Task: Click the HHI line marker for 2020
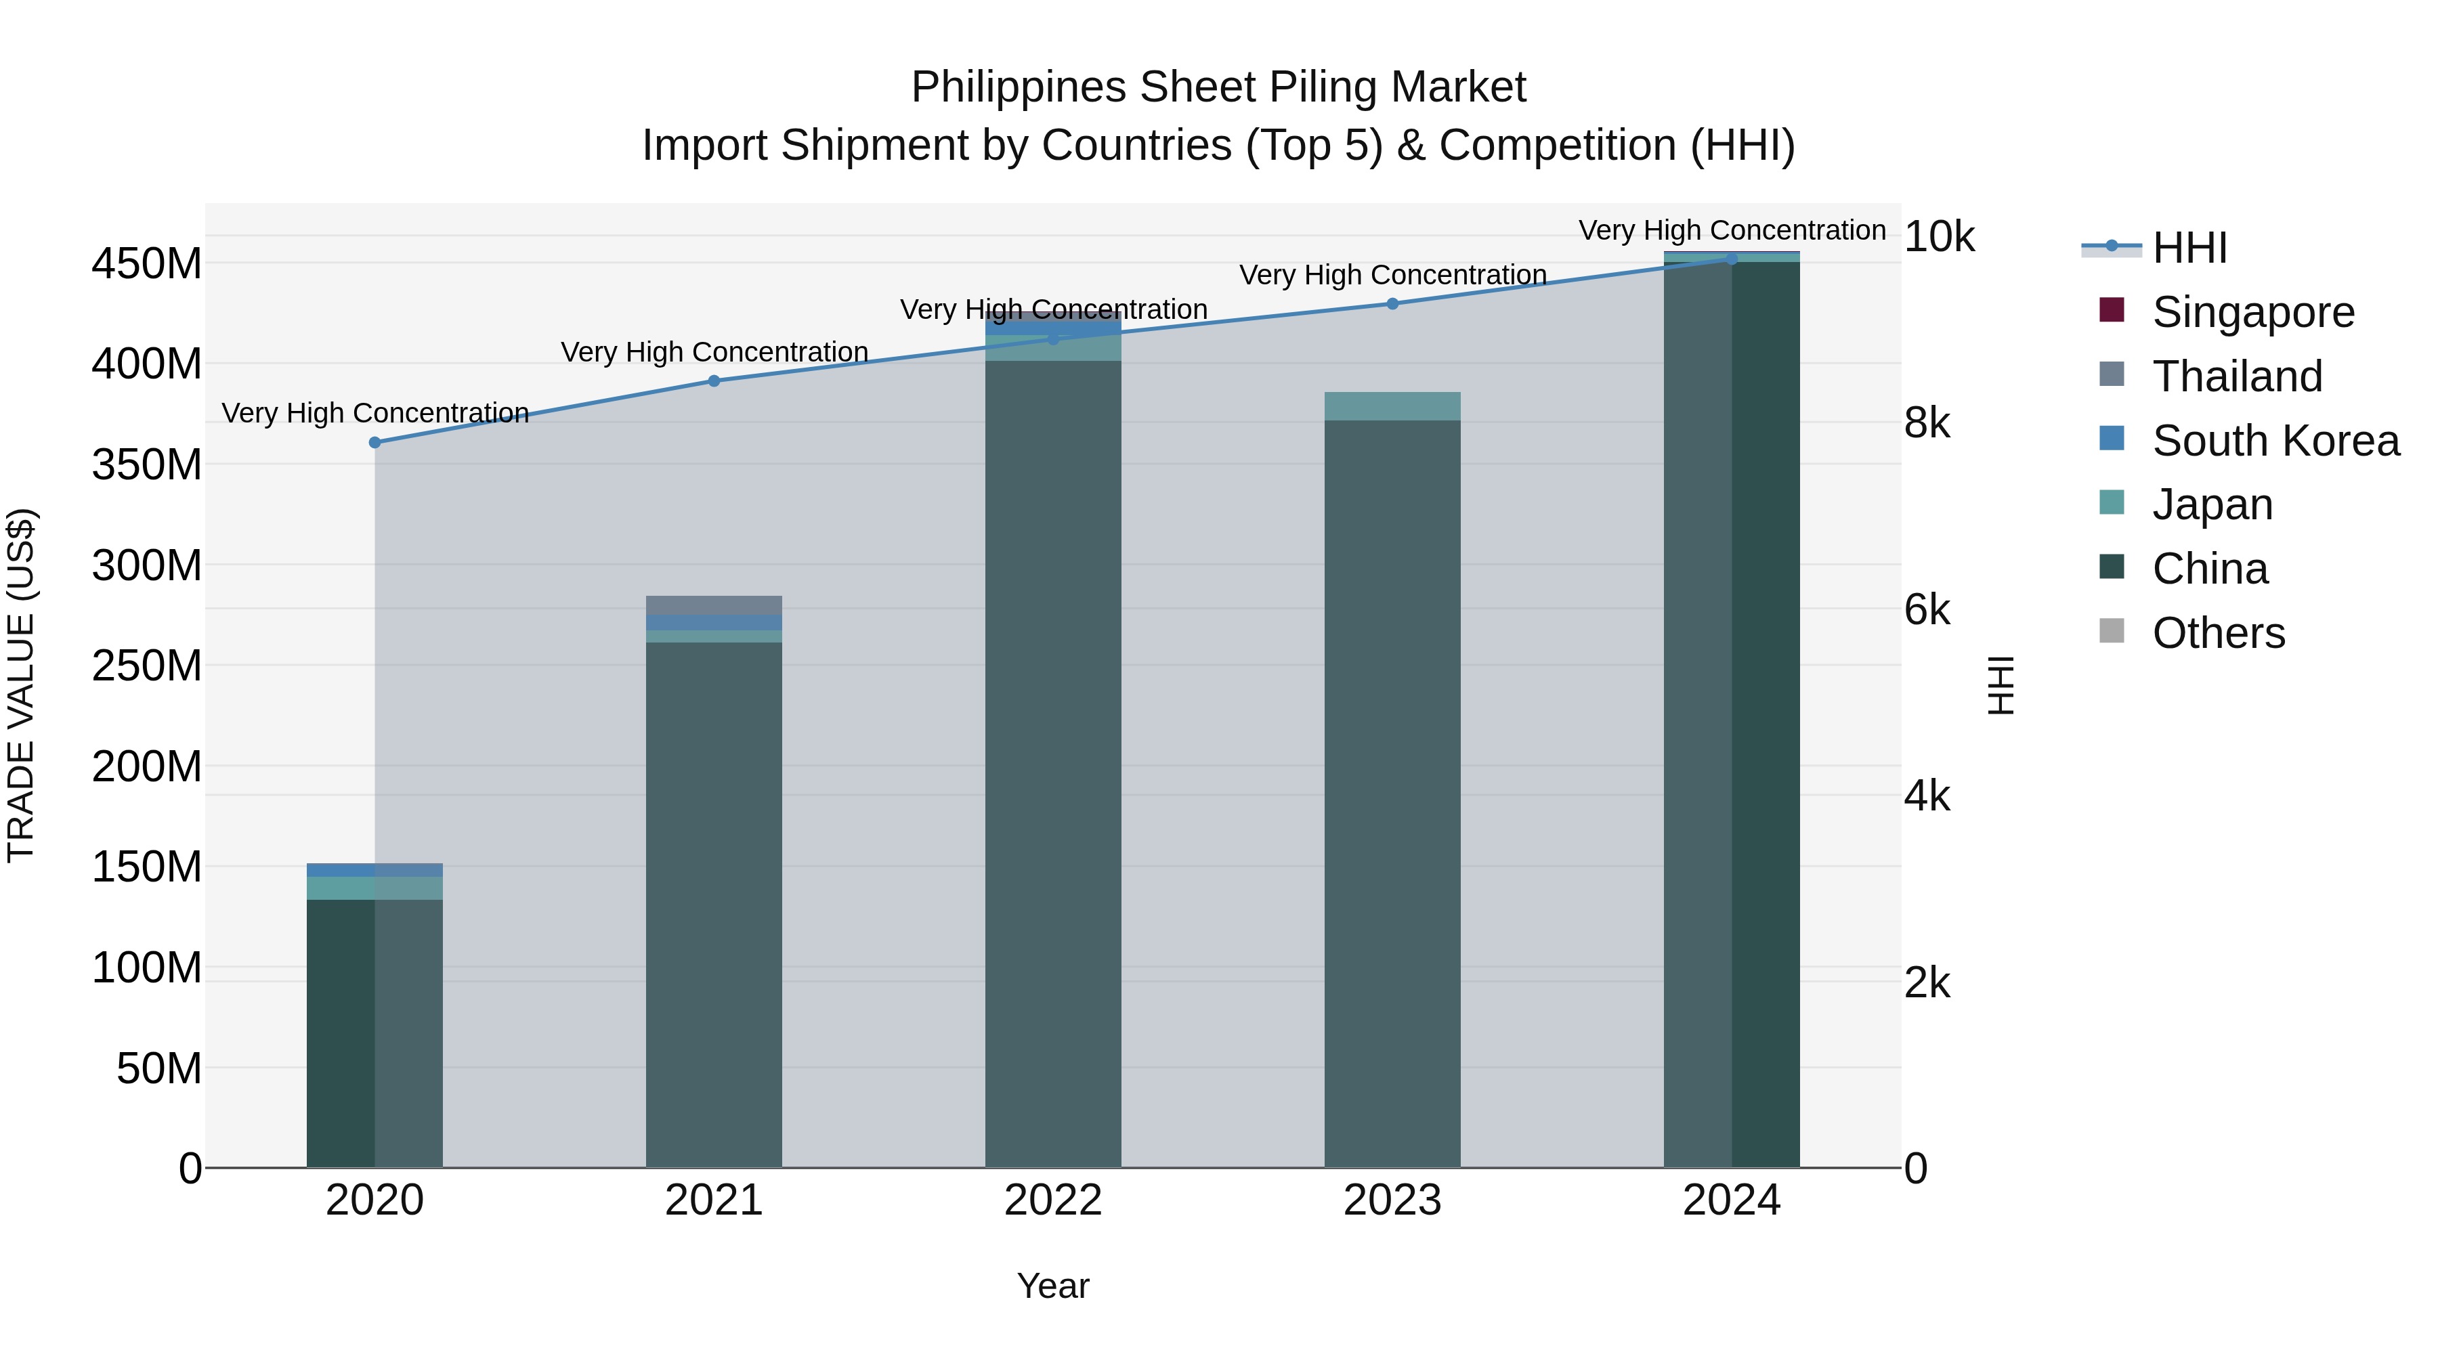375,442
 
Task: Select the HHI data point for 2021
714,380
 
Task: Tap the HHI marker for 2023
1392,304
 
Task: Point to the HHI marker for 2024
1732,259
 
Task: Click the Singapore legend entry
2252,312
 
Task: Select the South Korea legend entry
2275,441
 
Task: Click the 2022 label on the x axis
1052,1200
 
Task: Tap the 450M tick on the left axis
147,263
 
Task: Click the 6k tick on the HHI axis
1927,610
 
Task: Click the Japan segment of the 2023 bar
1392,406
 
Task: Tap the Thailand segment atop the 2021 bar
714,605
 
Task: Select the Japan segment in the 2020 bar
375,888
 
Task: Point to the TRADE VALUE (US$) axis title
21,685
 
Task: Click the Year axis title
1052,1286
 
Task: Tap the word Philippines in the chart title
1019,87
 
